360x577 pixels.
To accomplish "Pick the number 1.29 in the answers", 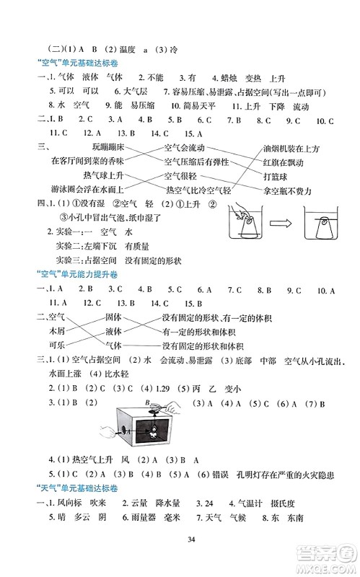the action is pyautogui.click(x=169, y=387).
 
